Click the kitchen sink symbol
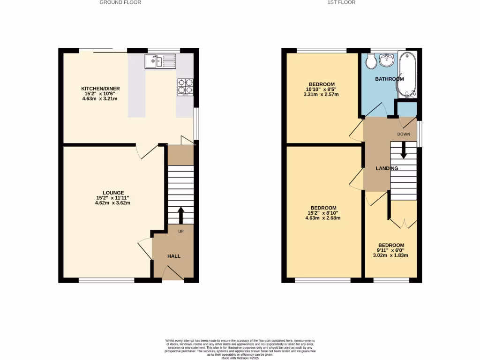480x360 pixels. pyautogui.click(x=160, y=61)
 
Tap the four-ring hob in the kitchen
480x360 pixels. pyautogui.click(x=185, y=87)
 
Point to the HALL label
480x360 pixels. pyautogui.click(x=174, y=256)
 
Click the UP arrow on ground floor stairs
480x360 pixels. pyautogui.click(x=180, y=216)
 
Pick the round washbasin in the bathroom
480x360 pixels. pyautogui.click(x=388, y=60)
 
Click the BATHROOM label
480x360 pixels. pyautogui.click(x=389, y=79)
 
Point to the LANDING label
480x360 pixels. pyautogui.click(x=387, y=168)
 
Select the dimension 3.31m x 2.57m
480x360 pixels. pyautogui.click(x=322, y=94)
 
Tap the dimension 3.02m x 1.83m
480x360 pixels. pyautogui.click(x=391, y=255)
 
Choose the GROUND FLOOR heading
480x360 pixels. pyautogui.click(x=120, y=2)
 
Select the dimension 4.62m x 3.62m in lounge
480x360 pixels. pyautogui.click(x=112, y=203)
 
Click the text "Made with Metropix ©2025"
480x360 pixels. pyautogui.click(x=240, y=359)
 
